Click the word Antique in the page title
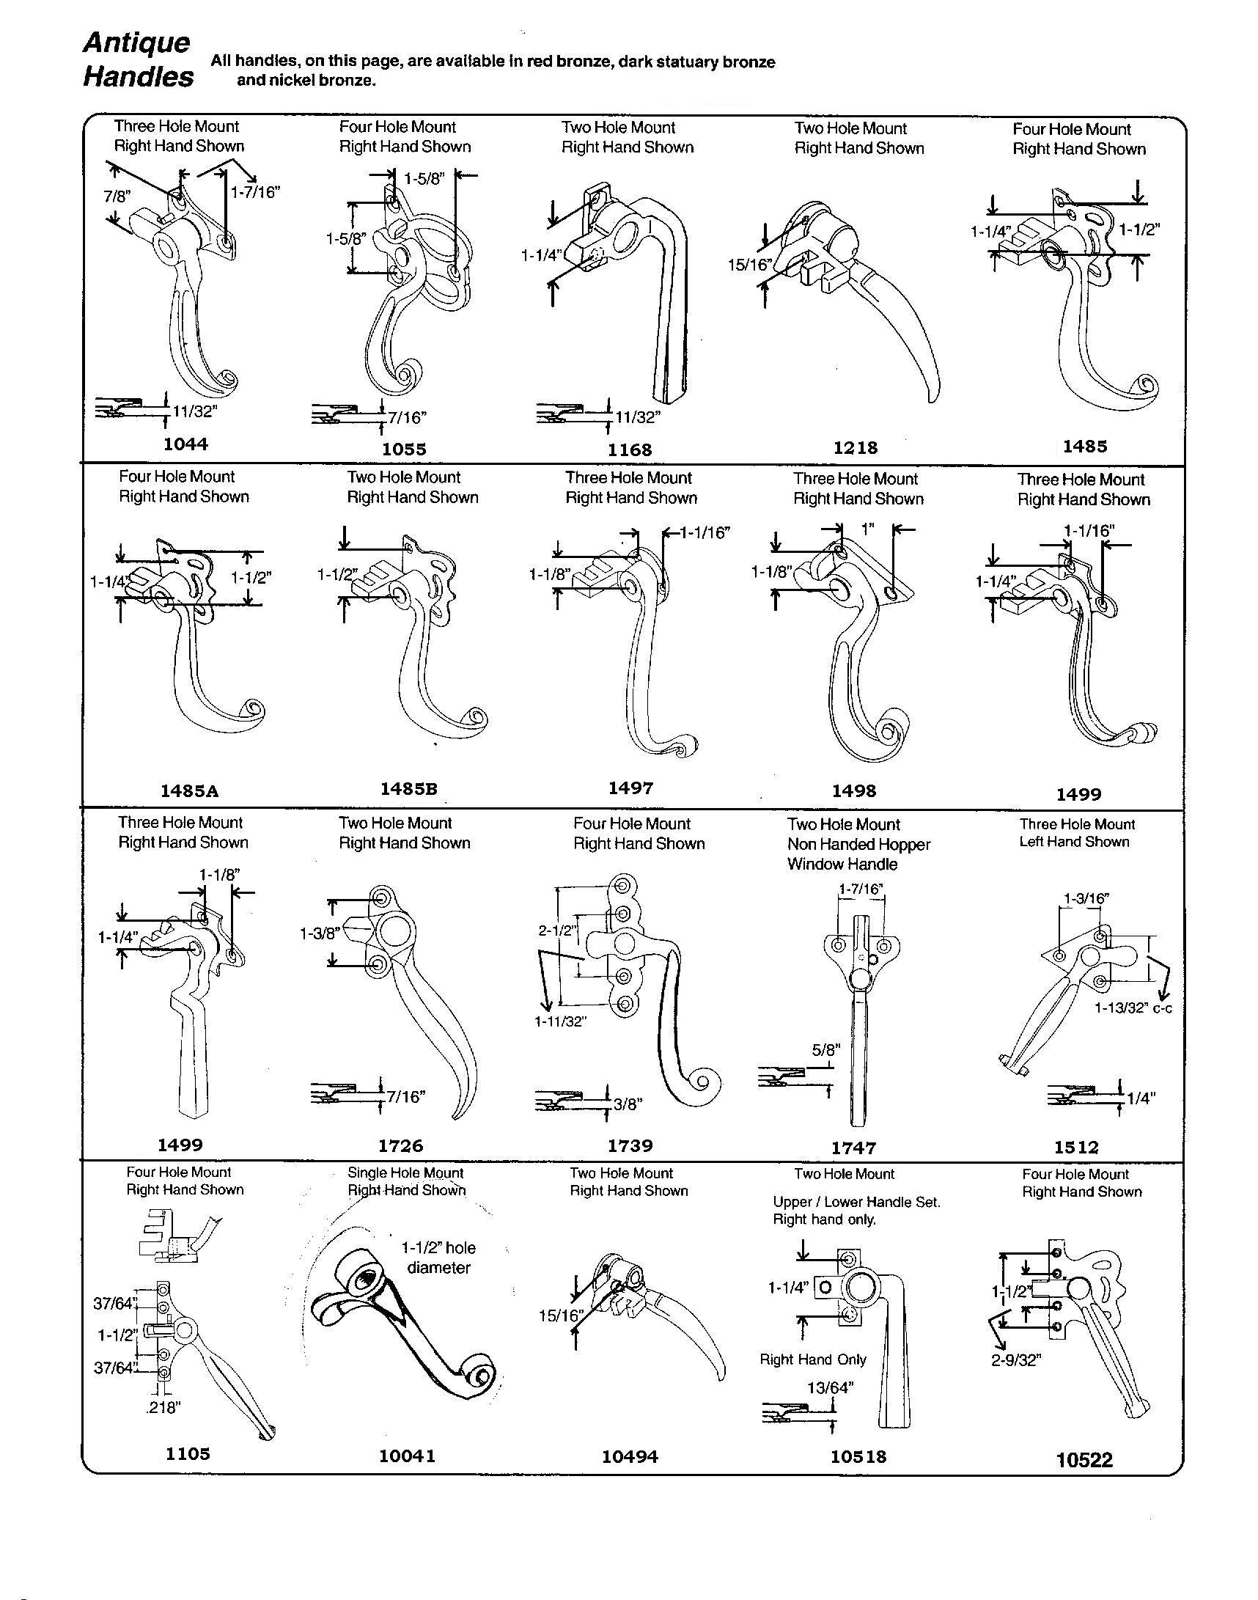click(136, 43)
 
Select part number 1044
click(185, 444)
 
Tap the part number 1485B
click(409, 788)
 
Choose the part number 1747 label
click(853, 1148)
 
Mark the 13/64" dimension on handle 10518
click(830, 1388)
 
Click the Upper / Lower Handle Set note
click(856, 1202)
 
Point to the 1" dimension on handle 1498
click(869, 529)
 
